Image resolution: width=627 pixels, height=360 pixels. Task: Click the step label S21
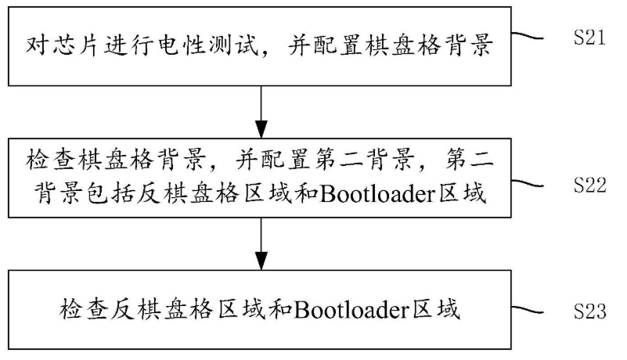coord(589,38)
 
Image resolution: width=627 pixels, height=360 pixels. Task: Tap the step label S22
coord(590,185)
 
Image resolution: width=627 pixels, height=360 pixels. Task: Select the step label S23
coord(590,311)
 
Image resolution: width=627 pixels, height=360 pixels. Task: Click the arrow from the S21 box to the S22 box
coord(261,112)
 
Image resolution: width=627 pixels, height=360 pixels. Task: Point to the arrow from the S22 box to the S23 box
coord(261,243)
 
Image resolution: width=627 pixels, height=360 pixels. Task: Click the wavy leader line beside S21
coord(528,37)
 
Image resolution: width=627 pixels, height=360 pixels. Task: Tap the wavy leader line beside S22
coord(528,184)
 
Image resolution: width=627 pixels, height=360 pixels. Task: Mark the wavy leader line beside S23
coord(528,310)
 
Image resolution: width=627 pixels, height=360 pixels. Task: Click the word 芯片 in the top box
coord(75,45)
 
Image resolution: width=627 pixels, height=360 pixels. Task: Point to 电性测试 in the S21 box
coord(207,45)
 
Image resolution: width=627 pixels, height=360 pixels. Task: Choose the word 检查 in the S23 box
coord(82,310)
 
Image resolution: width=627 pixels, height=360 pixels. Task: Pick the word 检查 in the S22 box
coord(49,159)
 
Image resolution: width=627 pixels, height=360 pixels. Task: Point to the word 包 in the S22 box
coord(97,193)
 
